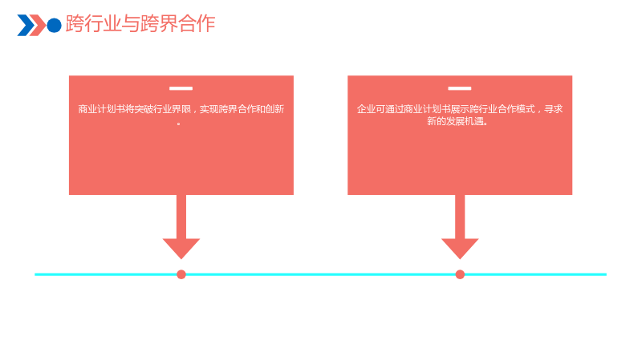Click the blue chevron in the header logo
[26, 26]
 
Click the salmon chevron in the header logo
[39, 26]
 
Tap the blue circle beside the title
[54, 26]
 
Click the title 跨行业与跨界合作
[140, 24]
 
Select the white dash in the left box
[181, 88]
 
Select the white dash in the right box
[459, 88]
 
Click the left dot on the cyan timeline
[181, 274]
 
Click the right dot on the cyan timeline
[460, 274]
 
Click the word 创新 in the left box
[274, 109]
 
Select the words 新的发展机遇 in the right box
[455, 121]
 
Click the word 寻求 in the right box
[553, 109]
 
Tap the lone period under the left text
[178, 124]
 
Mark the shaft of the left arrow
[181, 217]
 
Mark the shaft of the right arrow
[460, 217]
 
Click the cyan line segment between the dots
[320, 274]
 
